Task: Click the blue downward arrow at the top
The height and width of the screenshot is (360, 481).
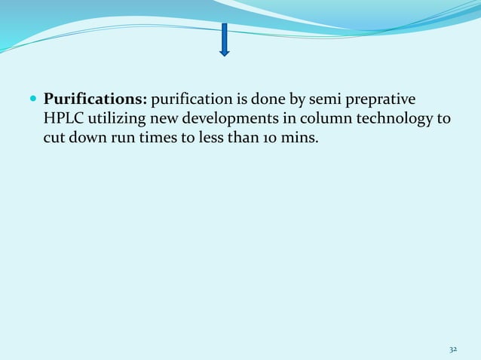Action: coord(224,39)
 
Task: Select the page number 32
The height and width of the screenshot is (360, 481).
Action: coord(453,349)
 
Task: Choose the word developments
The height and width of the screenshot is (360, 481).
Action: coord(225,119)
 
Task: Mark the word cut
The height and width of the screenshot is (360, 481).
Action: coord(54,138)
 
